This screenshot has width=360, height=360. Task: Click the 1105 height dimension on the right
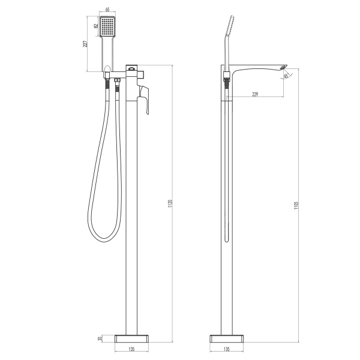298,203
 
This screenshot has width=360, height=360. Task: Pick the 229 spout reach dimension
256,94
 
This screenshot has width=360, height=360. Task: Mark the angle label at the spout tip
286,75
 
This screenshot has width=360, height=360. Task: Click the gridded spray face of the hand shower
107,28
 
